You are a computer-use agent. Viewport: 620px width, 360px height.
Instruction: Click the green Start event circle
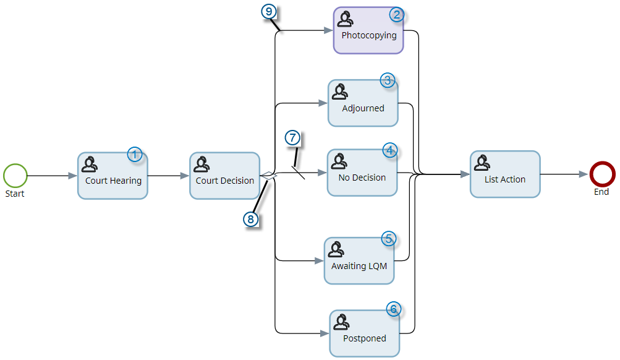[x=15, y=176]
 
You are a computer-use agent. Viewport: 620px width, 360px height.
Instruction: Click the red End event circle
[x=601, y=174]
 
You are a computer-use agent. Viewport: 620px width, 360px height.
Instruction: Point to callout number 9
[x=268, y=11]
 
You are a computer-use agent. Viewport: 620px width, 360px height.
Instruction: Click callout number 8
[x=250, y=219]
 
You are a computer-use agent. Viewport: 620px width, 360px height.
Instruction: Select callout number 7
[x=292, y=137]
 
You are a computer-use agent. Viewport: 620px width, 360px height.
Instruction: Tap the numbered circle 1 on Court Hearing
[x=135, y=155]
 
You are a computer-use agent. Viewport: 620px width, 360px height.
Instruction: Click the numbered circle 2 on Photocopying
[x=397, y=15]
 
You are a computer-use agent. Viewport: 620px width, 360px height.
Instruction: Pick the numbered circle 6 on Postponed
[x=394, y=309]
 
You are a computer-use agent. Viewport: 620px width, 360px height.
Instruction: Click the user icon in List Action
[x=482, y=162]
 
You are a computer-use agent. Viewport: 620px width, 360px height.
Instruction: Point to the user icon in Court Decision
[x=201, y=164]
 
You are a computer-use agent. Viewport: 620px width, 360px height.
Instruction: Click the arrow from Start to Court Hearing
[x=53, y=176]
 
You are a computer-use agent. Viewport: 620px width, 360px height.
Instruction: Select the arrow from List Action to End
[x=564, y=174]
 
